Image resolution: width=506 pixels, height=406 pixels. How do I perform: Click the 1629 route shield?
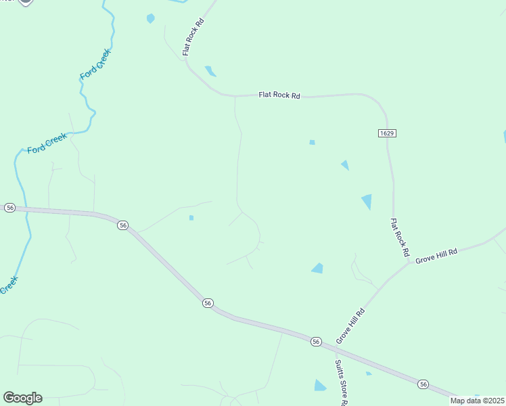[387, 133]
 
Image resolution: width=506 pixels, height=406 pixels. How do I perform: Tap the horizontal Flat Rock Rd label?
[279, 95]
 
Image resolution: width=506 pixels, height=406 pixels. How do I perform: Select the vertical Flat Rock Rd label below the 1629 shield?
[401, 237]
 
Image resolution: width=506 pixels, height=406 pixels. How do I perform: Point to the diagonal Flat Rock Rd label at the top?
[193, 37]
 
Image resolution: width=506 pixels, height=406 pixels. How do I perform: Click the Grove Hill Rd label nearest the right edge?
[436, 255]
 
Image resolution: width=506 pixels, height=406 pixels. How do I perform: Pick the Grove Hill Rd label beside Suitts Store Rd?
[350, 325]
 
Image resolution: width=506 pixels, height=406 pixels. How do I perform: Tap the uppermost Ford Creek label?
[95, 65]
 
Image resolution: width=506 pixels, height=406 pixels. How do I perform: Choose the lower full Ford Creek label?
[47, 143]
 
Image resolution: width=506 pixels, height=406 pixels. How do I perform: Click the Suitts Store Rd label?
[340, 383]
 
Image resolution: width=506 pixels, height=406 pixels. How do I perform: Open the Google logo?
[22, 398]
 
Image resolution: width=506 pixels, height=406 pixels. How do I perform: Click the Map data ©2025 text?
[476, 401]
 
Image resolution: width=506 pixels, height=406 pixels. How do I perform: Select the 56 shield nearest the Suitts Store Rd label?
[316, 342]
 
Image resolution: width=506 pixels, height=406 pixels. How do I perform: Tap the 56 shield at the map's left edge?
[9, 208]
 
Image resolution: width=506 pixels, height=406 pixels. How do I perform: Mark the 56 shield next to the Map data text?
[423, 384]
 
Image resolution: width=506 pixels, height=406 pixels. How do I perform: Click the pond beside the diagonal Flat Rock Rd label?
[210, 70]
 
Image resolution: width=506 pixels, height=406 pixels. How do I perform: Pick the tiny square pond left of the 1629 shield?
[312, 142]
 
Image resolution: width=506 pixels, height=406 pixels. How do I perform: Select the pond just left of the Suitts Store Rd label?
[320, 385]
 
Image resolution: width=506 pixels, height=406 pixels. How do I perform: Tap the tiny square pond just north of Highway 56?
[191, 217]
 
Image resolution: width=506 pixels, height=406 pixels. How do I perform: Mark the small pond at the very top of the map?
[150, 18]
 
